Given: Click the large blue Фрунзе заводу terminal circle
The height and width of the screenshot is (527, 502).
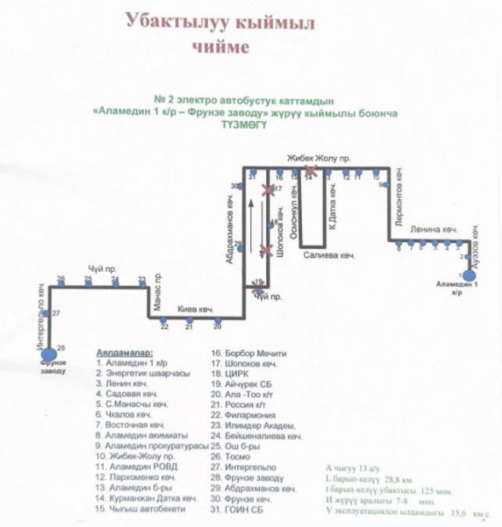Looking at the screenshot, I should click(x=49, y=352).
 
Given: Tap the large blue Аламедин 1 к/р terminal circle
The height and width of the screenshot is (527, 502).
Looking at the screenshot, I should click(x=469, y=275).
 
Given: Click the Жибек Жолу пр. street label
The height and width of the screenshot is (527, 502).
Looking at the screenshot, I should click(x=318, y=158).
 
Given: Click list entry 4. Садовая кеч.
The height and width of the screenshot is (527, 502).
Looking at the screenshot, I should click(x=127, y=394).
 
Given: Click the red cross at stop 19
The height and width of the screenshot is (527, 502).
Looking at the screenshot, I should click(x=259, y=285).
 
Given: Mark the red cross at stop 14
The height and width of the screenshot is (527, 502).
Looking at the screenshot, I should click(x=309, y=172).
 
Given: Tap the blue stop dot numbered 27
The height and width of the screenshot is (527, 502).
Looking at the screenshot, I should click(x=47, y=313).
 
